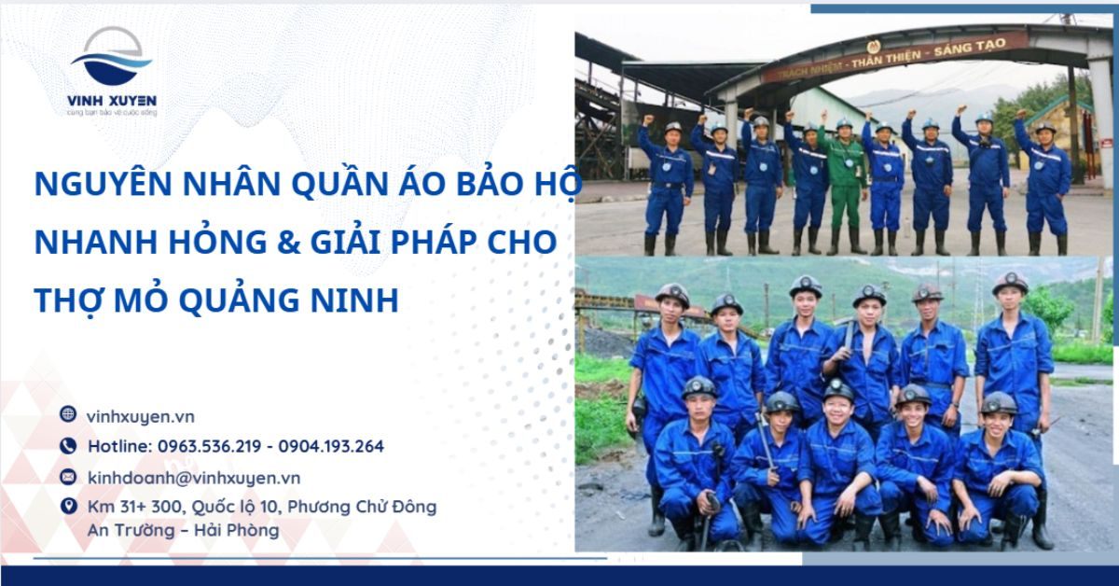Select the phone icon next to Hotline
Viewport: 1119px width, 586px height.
(x=68, y=446)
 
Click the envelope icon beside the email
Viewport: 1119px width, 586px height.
(x=68, y=477)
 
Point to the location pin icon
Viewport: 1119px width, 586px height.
(x=68, y=507)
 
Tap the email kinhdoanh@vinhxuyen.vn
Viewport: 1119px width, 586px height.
(x=193, y=477)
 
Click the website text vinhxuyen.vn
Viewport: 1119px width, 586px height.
(x=140, y=416)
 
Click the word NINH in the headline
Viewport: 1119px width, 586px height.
(x=355, y=300)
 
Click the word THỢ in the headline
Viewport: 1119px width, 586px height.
(x=65, y=300)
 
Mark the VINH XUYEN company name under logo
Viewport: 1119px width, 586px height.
(x=112, y=101)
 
